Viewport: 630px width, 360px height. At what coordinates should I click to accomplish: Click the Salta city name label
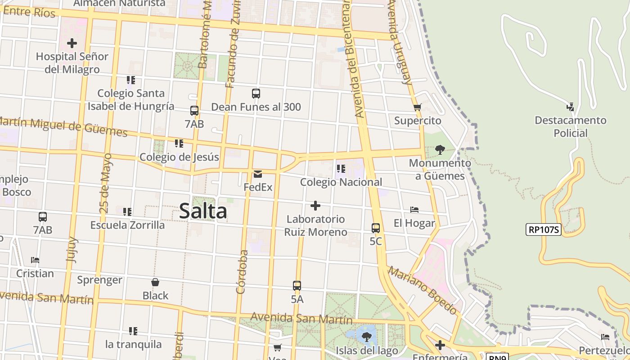pos(203,211)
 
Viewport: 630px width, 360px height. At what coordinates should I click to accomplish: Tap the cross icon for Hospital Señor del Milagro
pos(72,44)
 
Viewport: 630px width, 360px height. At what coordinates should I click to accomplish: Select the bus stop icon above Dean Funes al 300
pos(256,94)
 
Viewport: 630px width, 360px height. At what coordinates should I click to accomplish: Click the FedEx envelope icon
pos(258,174)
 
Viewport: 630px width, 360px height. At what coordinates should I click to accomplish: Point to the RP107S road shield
pos(544,229)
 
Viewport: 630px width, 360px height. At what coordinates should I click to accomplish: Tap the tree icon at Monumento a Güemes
pos(440,150)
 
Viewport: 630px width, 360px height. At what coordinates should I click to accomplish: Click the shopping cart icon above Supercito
pos(417,108)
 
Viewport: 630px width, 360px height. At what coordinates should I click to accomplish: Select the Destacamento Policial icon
pos(570,107)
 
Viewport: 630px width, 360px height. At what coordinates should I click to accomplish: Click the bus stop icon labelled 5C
pos(376,228)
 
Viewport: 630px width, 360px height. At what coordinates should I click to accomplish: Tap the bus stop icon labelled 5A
pos(297,285)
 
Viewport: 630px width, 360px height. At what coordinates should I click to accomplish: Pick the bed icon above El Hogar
pos(414,210)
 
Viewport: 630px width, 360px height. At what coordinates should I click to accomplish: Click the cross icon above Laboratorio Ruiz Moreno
pos(315,206)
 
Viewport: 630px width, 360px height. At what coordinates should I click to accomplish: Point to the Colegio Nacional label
pos(341,182)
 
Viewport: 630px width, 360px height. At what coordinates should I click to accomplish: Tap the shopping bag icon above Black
pos(155,282)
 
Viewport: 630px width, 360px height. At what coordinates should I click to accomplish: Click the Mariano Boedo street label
pos(422,290)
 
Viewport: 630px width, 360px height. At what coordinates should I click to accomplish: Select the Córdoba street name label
pos(242,272)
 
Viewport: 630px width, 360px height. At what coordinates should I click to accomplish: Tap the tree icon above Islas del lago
pos(367,336)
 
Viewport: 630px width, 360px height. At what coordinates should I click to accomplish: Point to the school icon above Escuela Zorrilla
pos(127,211)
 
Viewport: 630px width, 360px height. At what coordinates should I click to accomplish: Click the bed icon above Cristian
pos(35,260)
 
